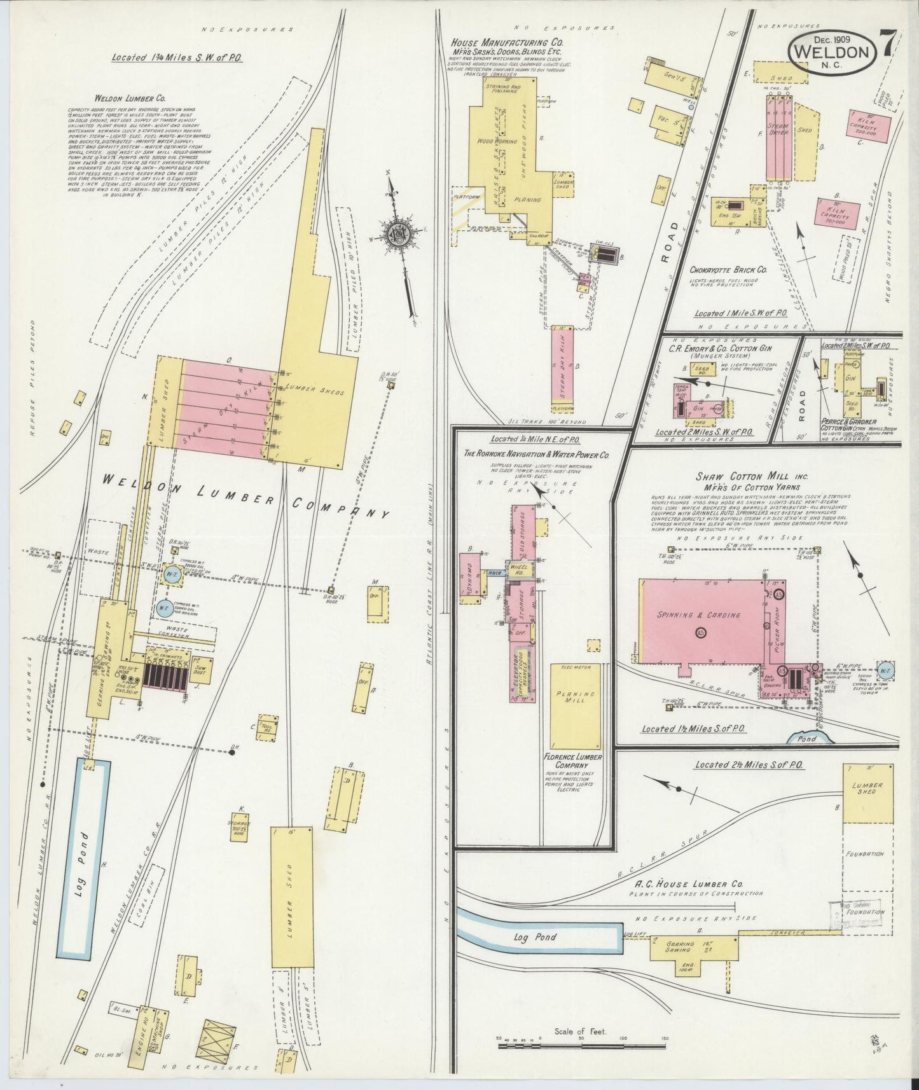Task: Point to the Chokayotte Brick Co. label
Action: (728, 270)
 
